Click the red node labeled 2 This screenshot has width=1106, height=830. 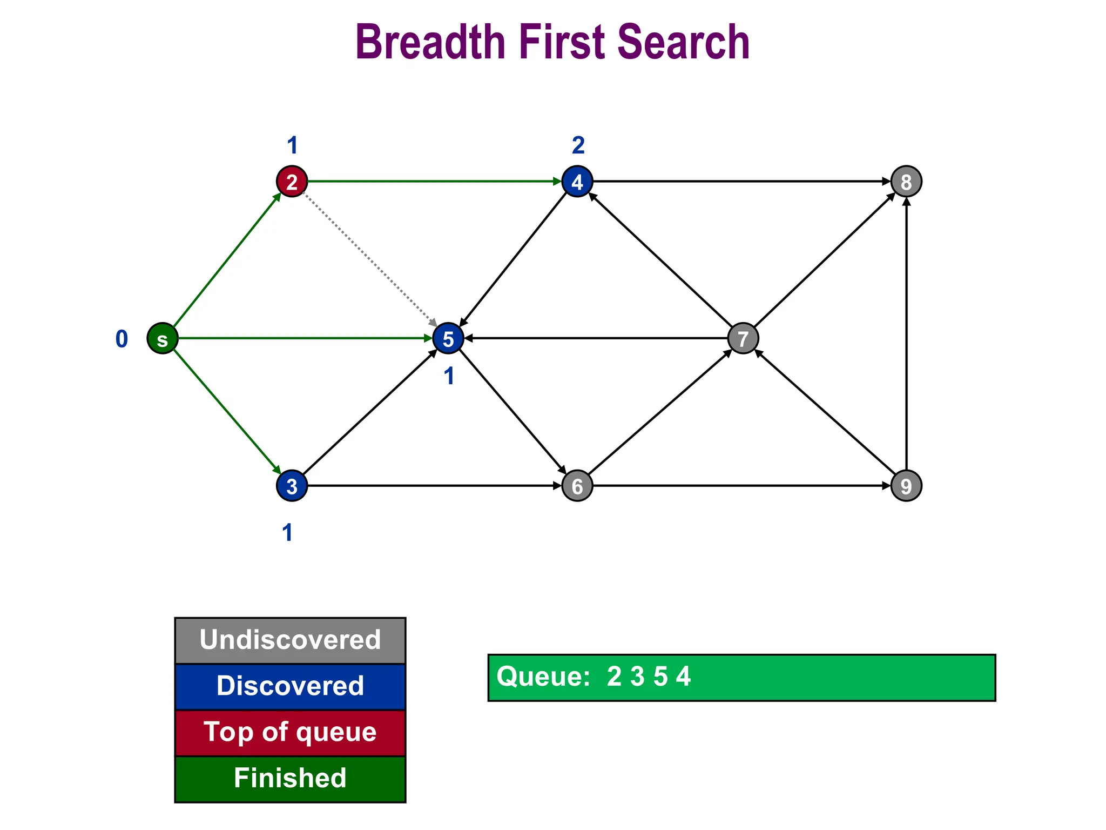coord(292,182)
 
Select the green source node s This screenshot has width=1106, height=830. coord(163,339)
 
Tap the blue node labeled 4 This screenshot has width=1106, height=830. coord(577,182)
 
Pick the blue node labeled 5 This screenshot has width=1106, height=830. coord(448,339)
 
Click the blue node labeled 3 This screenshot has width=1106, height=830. coord(292,486)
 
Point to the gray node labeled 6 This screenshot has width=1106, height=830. coord(577,486)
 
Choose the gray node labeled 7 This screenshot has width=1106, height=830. coord(743,339)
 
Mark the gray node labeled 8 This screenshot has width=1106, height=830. coord(906,182)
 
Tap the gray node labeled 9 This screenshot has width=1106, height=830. coord(906,486)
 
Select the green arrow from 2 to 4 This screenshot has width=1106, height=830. coord(432,182)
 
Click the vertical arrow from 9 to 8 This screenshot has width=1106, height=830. coord(906,335)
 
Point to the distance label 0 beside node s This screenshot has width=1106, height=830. coord(122,339)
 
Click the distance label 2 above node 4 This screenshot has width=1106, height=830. coord(578,145)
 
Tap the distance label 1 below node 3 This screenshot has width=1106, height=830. coord(288,533)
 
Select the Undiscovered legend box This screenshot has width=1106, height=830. coord(290,640)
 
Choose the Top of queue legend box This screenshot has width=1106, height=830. coord(290,733)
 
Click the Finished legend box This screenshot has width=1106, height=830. coord(290,779)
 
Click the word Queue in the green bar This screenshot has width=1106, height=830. coord(543,677)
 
